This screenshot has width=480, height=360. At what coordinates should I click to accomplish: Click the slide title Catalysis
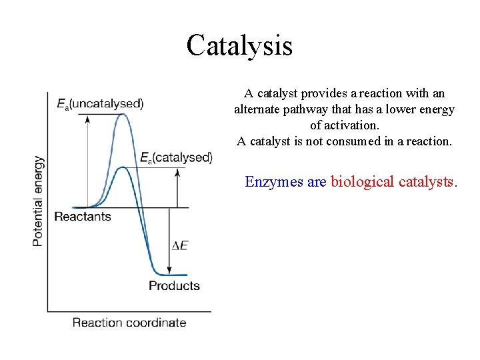[239, 45]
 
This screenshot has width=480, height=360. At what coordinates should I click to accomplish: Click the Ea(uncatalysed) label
[100, 103]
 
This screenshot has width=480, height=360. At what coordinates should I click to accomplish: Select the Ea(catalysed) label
[176, 158]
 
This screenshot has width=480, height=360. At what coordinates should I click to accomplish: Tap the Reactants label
[82, 217]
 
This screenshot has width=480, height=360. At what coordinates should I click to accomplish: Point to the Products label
[174, 286]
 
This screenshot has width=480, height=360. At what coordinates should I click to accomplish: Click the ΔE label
[179, 245]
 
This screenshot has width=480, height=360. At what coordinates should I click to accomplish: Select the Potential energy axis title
[39, 201]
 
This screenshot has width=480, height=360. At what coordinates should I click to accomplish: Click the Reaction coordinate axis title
[129, 323]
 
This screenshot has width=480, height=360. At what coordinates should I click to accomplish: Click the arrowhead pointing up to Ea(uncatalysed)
[86, 118]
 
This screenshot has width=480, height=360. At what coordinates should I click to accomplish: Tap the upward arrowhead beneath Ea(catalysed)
[177, 172]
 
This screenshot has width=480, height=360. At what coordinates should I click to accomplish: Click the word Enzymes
[274, 181]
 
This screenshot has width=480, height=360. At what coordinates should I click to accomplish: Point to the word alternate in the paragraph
[259, 109]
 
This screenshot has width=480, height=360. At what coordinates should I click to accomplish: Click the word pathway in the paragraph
[313, 109]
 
